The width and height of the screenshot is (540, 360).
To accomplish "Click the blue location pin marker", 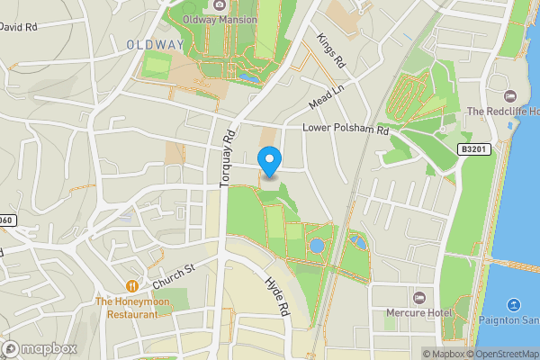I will pyautogui.click(x=269, y=161).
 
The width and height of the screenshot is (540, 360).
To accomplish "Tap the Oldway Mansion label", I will pyautogui.click(x=219, y=18).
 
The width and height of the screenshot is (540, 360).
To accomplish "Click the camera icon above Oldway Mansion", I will pyautogui.click(x=220, y=4).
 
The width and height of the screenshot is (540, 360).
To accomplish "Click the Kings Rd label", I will pyautogui.click(x=331, y=53).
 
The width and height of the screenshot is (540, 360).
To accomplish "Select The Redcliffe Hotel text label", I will pyautogui.click(x=501, y=112).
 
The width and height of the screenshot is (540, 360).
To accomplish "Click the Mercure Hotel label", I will pyautogui.click(x=418, y=313).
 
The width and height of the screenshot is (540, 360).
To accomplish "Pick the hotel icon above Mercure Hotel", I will pyautogui.click(x=418, y=298).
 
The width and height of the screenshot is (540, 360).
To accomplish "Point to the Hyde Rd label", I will pyautogui.click(x=275, y=294).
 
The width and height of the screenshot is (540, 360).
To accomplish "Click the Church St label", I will pyautogui.click(x=174, y=275).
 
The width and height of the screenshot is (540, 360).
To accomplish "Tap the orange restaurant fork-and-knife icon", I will pyautogui.click(x=132, y=286).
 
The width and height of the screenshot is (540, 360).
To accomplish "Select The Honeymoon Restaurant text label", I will pyautogui.click(x=131, y=309).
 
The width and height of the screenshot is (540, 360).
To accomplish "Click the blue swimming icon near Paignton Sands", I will pyautogui.click(x=514, y=306).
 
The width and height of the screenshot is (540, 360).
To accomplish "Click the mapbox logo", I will pyautogui.click(x=40, y=348).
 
